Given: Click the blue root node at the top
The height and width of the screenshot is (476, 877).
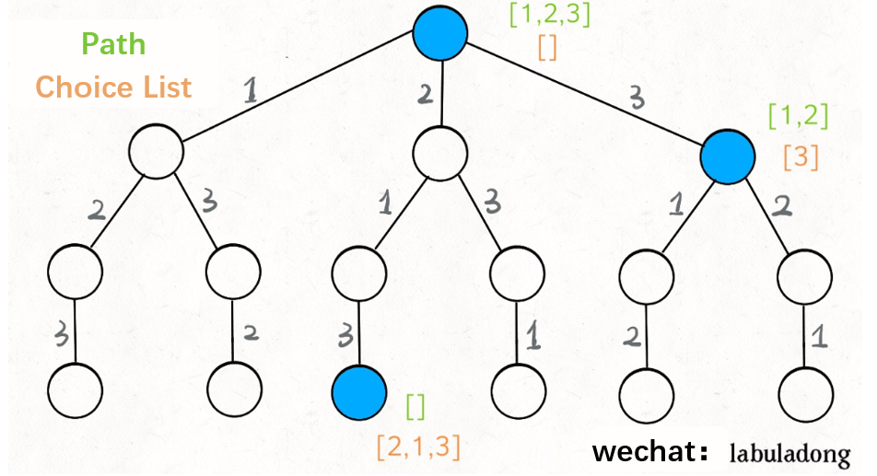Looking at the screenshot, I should pos(440,34).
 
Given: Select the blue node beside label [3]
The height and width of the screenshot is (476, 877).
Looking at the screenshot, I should pos(728,157).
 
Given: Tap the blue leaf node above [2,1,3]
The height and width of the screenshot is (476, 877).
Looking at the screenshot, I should pos(358,391).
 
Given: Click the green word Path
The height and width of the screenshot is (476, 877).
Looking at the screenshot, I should pos(114,44).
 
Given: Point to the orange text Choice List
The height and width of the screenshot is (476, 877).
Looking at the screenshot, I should pos(114,87).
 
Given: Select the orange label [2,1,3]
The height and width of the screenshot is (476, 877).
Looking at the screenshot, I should pos(417,447).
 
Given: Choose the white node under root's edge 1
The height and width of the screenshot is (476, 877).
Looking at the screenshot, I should pos(155,152).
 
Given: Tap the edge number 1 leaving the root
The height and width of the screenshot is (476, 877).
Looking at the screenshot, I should pos(251,89).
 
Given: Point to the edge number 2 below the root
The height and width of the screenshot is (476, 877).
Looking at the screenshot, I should pos(426,93).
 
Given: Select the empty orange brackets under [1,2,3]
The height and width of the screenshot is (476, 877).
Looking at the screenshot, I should pos(547,48).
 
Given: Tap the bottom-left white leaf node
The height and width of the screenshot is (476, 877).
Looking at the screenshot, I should pos(73,391).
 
